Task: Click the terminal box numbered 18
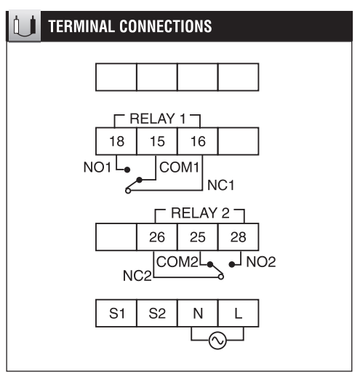pos(116,141)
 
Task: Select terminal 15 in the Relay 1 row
pos(157,141)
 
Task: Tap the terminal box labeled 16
pos(198,141)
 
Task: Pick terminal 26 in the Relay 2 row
pos(157,237)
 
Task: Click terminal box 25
pos(198,237)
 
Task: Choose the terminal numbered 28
pos(239,237)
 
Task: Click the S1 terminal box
pos(116,313)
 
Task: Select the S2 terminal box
pos(157,313)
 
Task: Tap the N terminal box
pos(198,313)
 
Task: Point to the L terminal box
pos(239,313)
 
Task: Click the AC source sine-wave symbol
pos(217,341)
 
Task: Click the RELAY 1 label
pos(158,119)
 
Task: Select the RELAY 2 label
pos(200,213)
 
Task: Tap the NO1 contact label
pos(97,167)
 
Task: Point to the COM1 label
pos(179,167)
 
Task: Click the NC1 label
pos(221,186)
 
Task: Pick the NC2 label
pos(137,276)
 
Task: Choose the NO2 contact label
pos(261,262)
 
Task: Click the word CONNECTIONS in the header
pos(166,26)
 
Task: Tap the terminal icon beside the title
pos(25,25)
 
